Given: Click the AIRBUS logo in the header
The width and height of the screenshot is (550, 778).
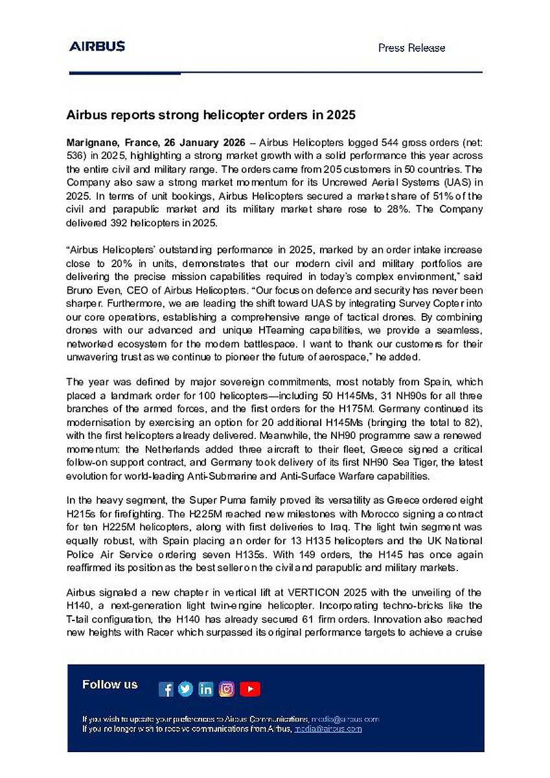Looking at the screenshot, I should (97, 47).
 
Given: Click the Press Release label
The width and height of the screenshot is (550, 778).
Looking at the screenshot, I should (411, 48).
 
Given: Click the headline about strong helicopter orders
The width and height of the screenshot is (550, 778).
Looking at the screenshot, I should (211, 115).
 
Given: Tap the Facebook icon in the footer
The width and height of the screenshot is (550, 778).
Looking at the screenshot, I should (166, 689).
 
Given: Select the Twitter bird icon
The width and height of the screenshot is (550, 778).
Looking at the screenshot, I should (186, 689).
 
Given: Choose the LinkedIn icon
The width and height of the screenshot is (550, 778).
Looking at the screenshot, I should (206, 689).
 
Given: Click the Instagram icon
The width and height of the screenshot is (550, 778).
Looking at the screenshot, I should (227, 689).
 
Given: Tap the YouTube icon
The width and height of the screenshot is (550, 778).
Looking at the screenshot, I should (249, 689).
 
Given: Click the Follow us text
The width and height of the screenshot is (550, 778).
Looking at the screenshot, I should (110, 685).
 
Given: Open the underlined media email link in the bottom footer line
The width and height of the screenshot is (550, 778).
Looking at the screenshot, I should (328, 729).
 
